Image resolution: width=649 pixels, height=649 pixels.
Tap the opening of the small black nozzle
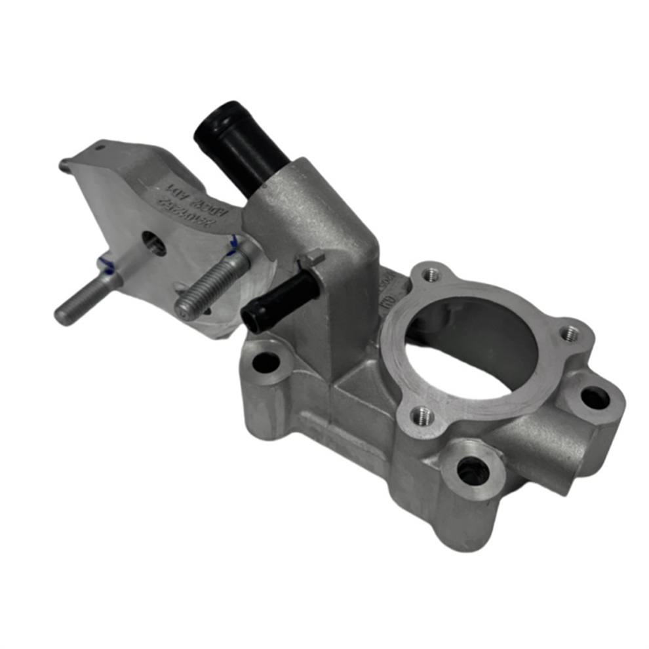tap(253, 319)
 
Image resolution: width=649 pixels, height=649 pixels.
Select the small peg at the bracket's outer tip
tap(64, 165)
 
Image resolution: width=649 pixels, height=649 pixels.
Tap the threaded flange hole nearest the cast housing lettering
tap(430, 275)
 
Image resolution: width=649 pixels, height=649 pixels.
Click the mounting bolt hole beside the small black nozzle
tap(266, 362)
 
